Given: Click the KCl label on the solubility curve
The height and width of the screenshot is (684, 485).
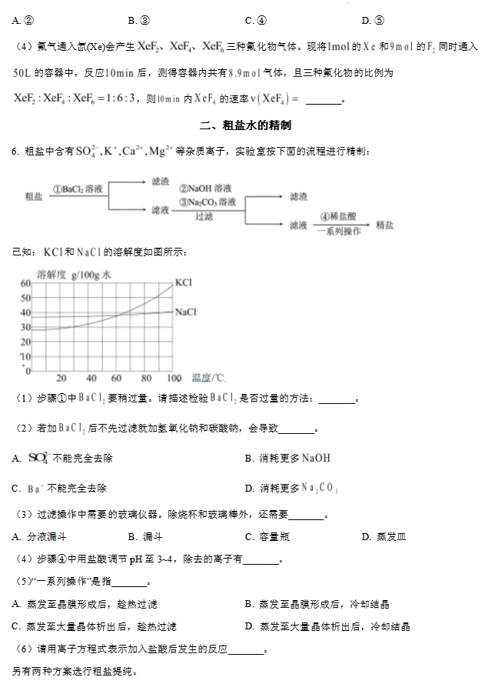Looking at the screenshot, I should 183,282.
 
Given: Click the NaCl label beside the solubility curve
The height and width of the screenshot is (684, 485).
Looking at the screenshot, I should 186,312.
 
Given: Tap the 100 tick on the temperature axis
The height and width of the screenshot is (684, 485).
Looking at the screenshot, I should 173,378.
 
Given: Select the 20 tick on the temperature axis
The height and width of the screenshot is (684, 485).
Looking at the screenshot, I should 61,378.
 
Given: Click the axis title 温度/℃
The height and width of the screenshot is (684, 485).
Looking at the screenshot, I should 208,378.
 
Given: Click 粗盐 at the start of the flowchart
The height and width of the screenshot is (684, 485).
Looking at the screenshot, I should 34,196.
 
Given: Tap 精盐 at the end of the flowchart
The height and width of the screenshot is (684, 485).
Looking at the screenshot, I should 384,225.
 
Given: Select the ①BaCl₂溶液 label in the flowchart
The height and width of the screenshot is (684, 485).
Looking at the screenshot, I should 78,188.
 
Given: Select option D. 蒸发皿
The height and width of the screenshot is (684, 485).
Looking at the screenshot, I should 384,536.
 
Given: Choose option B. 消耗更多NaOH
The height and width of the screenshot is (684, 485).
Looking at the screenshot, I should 287,458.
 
